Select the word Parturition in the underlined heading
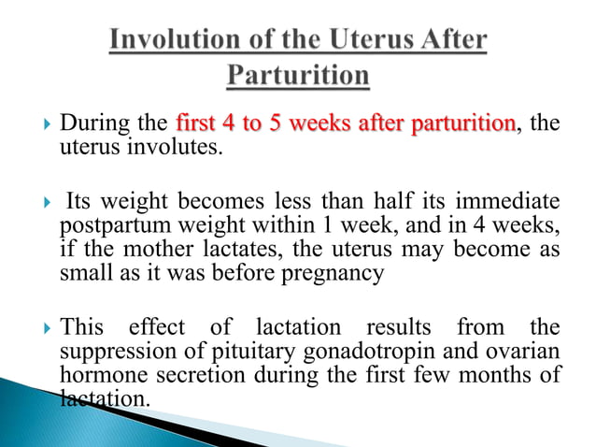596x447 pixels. pos(298,75)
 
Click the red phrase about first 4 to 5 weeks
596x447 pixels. pos(345,123)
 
